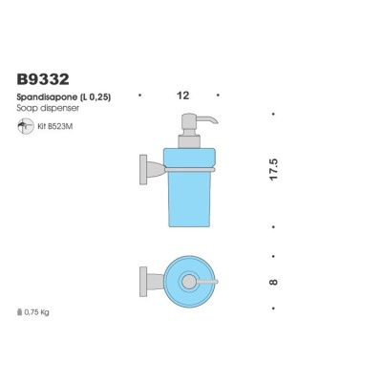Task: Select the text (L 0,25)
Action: pos(97,96)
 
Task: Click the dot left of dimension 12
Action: pos(140,95)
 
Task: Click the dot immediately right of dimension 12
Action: pos(220,95)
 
